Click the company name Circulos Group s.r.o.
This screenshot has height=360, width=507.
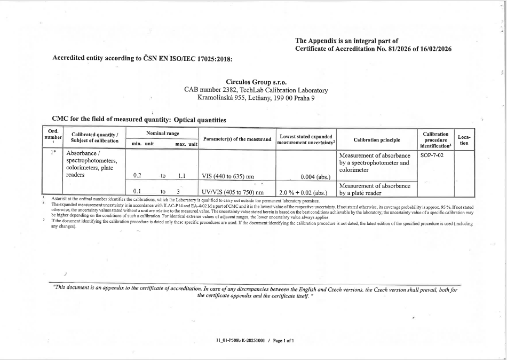[x=257, y=83]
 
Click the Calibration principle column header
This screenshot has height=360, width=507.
[x=376, y=140]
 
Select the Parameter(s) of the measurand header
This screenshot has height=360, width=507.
[x=237, y=140]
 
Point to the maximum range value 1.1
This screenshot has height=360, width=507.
[x=181, y=176]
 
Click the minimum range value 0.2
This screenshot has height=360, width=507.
[x=137, y=176]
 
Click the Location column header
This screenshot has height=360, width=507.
[x=463, y=140]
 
